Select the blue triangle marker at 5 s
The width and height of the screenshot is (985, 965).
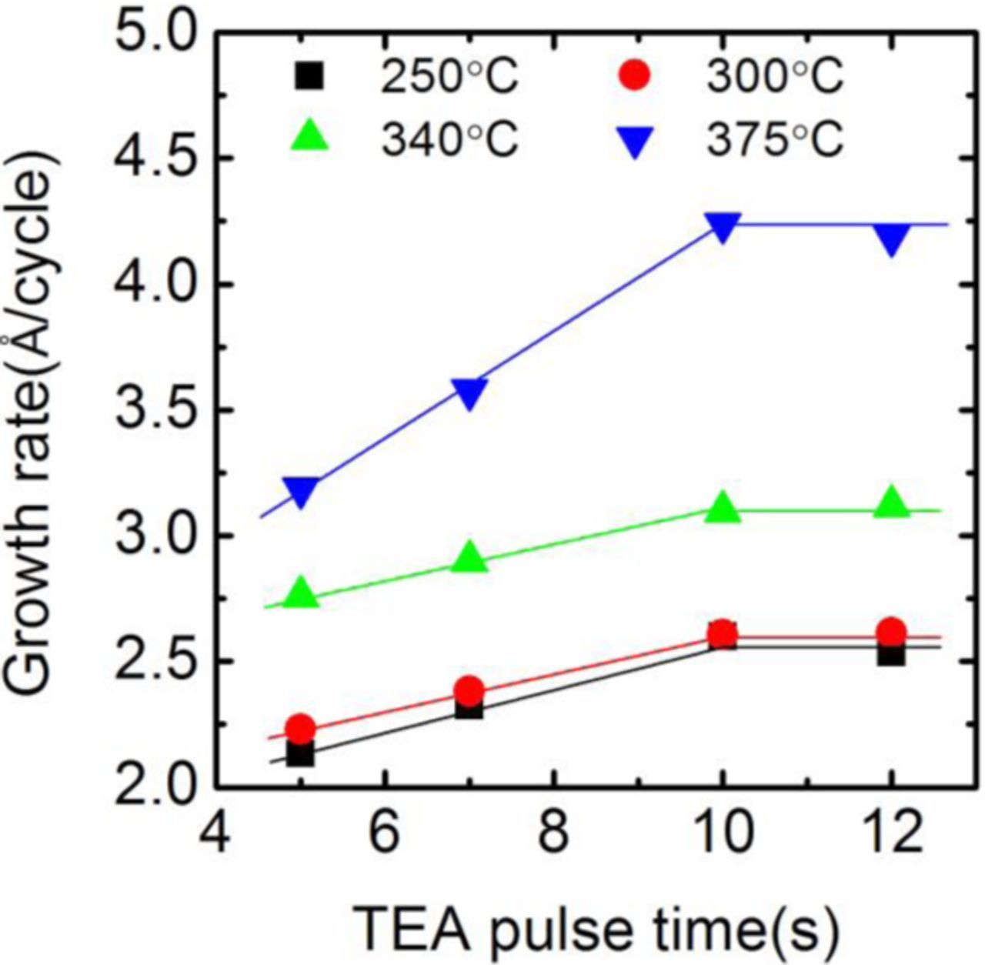pos(300,491)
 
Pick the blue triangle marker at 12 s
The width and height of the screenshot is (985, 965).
pos(891,239)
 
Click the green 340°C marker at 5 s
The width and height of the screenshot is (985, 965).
pos(300,593)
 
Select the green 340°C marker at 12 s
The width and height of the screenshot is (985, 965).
pos(891,503)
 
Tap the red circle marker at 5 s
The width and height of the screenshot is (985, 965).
pos(300,728)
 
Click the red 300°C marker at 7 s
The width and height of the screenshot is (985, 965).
pos(469,690)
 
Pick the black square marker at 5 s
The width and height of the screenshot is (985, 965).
pos(300,753)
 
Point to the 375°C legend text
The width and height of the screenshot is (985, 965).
pos(775,139)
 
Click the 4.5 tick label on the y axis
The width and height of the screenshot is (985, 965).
pos(151,159)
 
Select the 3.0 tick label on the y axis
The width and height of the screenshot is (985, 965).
pos(151,536)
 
